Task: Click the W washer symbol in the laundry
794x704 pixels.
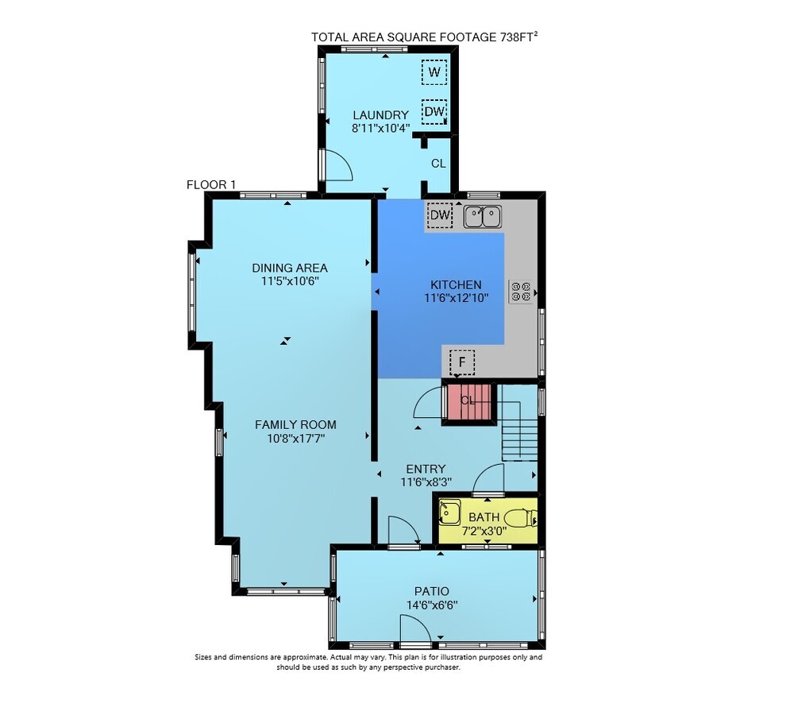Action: point(434,72)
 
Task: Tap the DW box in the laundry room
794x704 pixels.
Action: point(434,111)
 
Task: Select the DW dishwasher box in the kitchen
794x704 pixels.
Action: point(440,215)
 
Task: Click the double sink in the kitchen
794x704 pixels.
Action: point(483,216)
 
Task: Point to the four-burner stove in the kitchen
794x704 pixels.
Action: point(521,292)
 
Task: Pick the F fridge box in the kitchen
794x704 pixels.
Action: point(462,362)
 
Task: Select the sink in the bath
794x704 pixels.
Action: point(449,512)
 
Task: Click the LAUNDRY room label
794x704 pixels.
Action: point(381,115)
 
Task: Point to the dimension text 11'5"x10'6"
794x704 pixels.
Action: point(290,281)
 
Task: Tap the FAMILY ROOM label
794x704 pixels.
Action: point(295,425)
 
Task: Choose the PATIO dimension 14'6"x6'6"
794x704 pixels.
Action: point(432,605)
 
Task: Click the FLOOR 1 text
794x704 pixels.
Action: point(211,184)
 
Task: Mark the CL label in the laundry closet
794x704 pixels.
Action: point(438,164)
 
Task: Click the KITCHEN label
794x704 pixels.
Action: point(456,284)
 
